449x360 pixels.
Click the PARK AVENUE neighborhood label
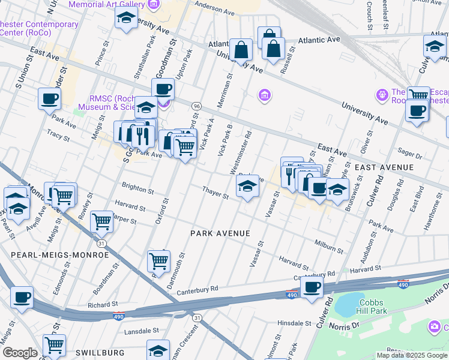point(220,233)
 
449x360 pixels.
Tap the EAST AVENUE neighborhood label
point(384,167)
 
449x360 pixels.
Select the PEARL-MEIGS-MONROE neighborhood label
point(60,254)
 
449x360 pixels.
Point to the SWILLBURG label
point(100,352)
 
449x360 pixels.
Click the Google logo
point(19,353)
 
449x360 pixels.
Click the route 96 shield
point(196,106)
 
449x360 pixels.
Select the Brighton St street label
point(137,188)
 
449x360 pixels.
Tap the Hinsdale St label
point(294,323)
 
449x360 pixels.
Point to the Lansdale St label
point(140,331)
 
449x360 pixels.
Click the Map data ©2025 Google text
point(411,355)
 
